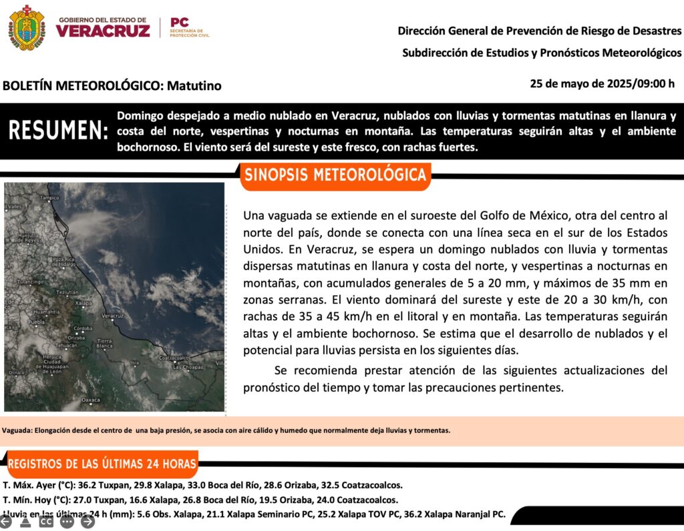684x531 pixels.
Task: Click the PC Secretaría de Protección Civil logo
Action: pos(190,27)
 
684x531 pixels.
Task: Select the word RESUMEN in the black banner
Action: pos(58,131)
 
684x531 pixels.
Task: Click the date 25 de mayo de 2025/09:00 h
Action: pos(602,84)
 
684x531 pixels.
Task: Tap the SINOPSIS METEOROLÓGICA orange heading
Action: pos(335,175)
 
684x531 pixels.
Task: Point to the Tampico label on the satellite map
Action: pos(49,198)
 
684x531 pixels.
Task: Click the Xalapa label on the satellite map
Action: pos(83,303)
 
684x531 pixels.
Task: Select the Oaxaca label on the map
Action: pos(90,400)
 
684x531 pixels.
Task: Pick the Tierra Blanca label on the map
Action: pos(105,344)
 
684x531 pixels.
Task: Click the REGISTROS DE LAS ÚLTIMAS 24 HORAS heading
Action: pos(102,464)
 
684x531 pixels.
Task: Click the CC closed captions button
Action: pos(46,522)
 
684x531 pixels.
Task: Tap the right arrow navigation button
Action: pos(88,522)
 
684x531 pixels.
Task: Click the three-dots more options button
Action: pos(67,522)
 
